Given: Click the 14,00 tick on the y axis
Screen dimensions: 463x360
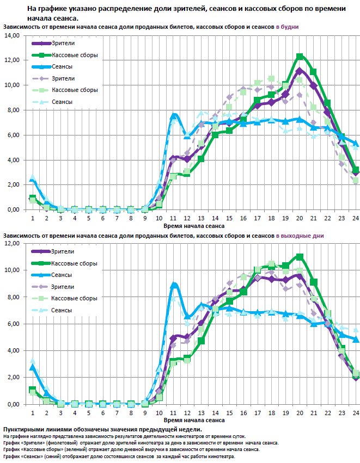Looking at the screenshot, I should click(x=11, y=35).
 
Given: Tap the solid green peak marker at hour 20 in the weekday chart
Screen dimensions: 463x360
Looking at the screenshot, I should click(x=300, y=57).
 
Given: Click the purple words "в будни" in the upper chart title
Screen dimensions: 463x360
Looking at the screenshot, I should click(x=287, y=27).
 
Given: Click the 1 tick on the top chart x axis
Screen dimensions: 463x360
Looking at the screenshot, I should click(x=33, y=218).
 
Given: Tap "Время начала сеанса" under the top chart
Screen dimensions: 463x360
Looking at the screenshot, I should click(x=194, y=225).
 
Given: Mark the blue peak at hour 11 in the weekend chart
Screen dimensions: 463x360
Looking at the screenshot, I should click(x=174, y=285).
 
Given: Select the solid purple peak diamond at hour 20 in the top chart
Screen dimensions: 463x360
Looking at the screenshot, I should click(x=300, y=71).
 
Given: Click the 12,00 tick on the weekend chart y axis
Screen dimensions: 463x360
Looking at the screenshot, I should click(x=11, y=243).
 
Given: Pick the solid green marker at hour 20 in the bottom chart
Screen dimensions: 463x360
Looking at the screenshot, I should click(x=300, y=257).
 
